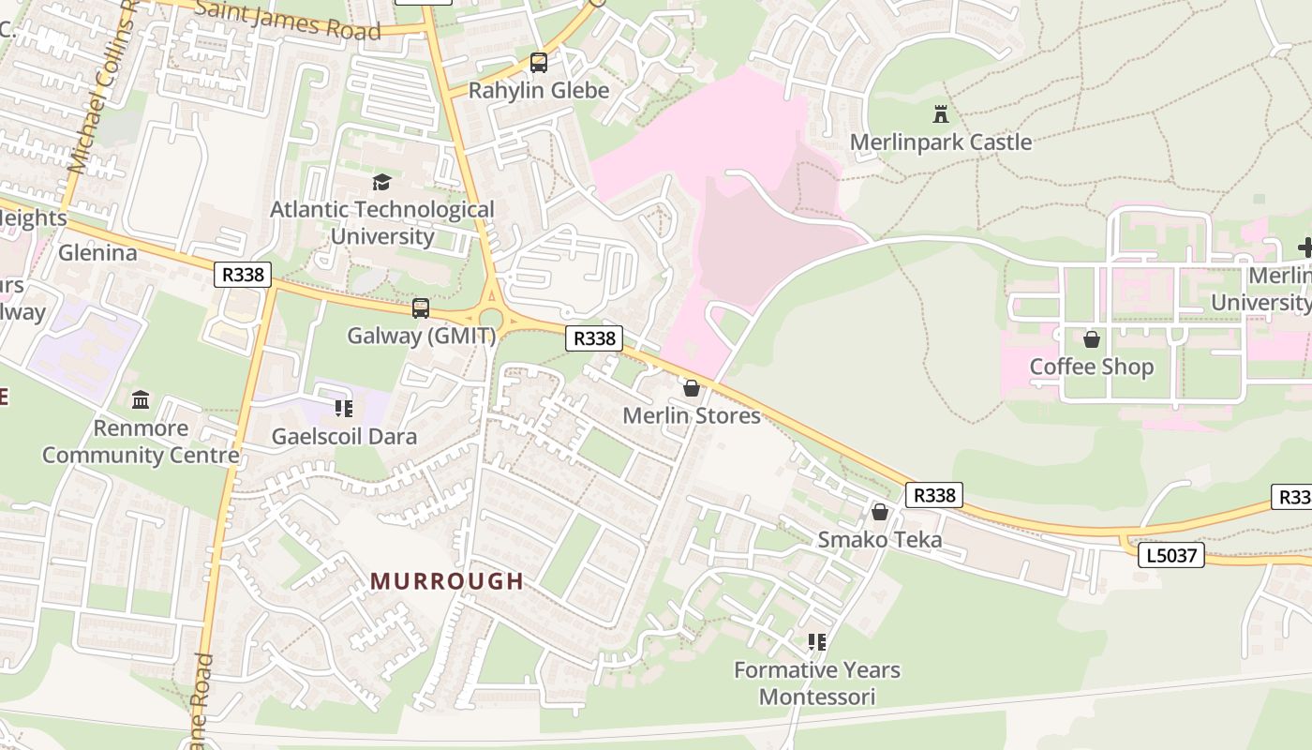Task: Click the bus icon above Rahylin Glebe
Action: (x=539, y=63)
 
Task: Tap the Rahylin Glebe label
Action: (x=539, y=91)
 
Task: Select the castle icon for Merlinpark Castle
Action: (x=941, y=114)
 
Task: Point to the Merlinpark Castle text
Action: (x=941, y=142)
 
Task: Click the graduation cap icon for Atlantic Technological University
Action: (x=381, y=182)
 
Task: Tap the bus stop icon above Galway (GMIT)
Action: (x=421, y=308)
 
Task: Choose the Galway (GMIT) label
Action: (x=421, y=336)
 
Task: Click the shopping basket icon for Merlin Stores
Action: (x=692, y=388)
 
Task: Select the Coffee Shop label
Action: (x=1092, y=367)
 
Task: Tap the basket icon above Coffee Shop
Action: (x=1092, y=338)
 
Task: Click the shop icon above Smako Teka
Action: (x=880, y=512)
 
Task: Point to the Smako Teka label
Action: (x=880, y=540)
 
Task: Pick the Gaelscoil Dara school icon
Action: (x=344, y=409)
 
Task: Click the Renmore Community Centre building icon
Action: (x=141, y=400)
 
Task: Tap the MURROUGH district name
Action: (x=447, y=581)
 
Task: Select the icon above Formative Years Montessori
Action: (x=817, y=642)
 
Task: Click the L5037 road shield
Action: (x=1171, y=555)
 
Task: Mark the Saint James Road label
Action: (x=289, y=21)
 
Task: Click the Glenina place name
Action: (x=97, y=253)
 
